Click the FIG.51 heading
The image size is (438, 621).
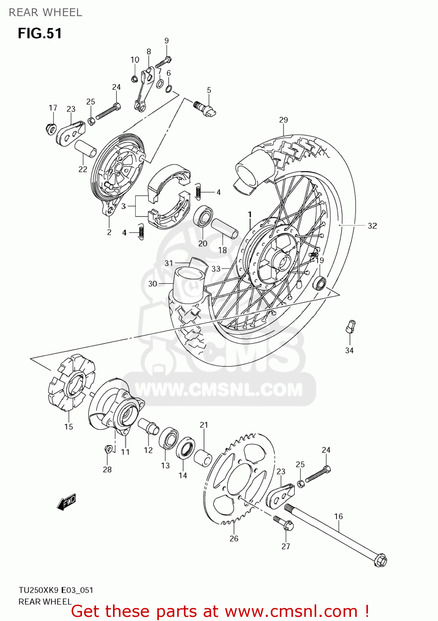[40, 33]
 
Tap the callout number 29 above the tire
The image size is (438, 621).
[283, 120]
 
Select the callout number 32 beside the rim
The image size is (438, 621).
[372, 226]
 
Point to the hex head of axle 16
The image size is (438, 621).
[380, 561]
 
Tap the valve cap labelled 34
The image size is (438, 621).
[351, 326]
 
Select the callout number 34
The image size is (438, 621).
[349, 350]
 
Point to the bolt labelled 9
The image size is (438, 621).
[163, 63]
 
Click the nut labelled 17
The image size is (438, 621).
[51, 129]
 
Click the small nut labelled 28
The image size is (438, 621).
[108, 449]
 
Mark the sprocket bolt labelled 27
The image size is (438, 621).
[284, 523]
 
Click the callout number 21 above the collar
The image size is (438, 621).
[204, 425]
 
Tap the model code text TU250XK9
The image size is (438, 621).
[39, 590]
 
